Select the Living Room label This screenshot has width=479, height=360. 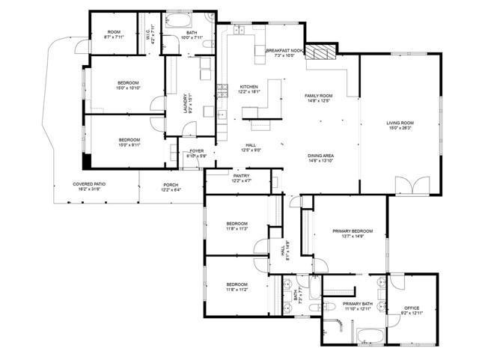point(400,125)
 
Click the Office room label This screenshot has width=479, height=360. point(412,309)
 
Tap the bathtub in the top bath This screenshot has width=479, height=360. point(180,20)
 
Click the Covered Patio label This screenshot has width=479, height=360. point(87,186)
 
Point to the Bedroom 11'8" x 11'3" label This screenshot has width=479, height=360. point(237,226)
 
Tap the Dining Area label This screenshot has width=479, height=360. point(320,158)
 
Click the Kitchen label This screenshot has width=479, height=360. point(248,88)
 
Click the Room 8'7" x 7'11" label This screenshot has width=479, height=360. point(114,34)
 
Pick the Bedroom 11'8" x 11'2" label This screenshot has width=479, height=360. point(237,287)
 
